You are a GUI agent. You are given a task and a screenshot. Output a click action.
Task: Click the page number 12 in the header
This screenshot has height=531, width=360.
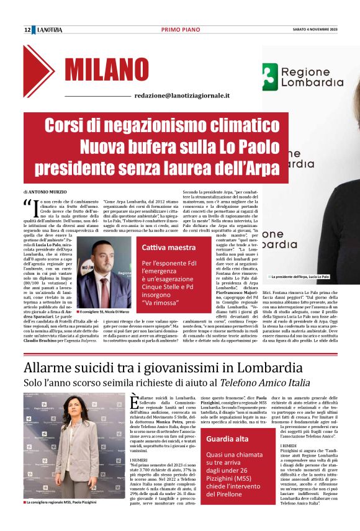(27, 30)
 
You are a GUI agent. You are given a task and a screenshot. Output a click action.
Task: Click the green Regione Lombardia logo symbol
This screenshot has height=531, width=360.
(269, 76)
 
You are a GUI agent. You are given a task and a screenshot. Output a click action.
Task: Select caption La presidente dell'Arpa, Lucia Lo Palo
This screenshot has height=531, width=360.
(300, 276)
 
